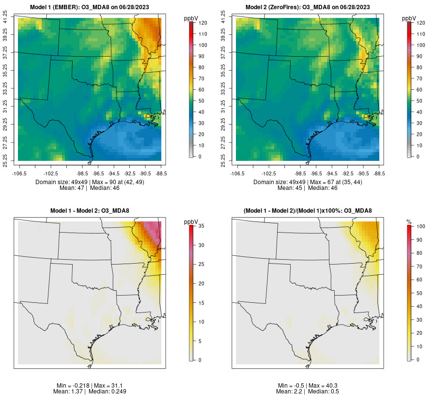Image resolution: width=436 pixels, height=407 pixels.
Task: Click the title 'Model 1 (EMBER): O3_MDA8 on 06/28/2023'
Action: click(90, 7)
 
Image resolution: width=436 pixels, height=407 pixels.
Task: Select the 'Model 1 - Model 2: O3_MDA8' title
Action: click(90, 211)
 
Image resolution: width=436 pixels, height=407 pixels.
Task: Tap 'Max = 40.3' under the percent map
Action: click(324, 385)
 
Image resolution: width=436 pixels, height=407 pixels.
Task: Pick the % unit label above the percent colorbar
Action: click(408, 221)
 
